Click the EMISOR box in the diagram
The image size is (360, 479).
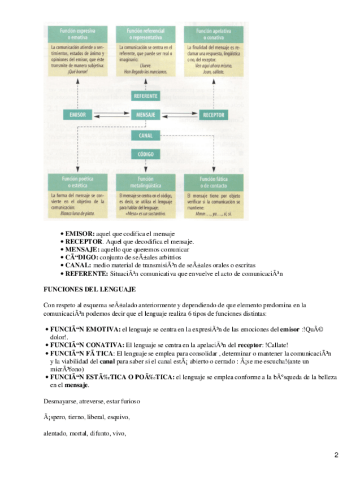click(x=77, y=115)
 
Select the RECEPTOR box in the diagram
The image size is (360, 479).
click(x=214, y=115)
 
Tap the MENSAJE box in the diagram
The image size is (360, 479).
click(x=146, y=115)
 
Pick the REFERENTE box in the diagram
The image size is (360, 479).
click(x=146, y=96)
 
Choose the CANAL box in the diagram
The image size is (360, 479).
click(x=146, y=136)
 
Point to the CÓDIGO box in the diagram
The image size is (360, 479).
click(x=146, y=154)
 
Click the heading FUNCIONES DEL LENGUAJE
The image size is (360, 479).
click(x=89, y=289)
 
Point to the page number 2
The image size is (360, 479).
click(x=336, y=455)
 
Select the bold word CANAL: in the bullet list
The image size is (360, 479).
click(x=79, y=265)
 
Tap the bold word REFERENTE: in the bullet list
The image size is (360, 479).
click(x=86, y=273)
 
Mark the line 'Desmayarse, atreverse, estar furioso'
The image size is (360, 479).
click(x=92, y=402)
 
